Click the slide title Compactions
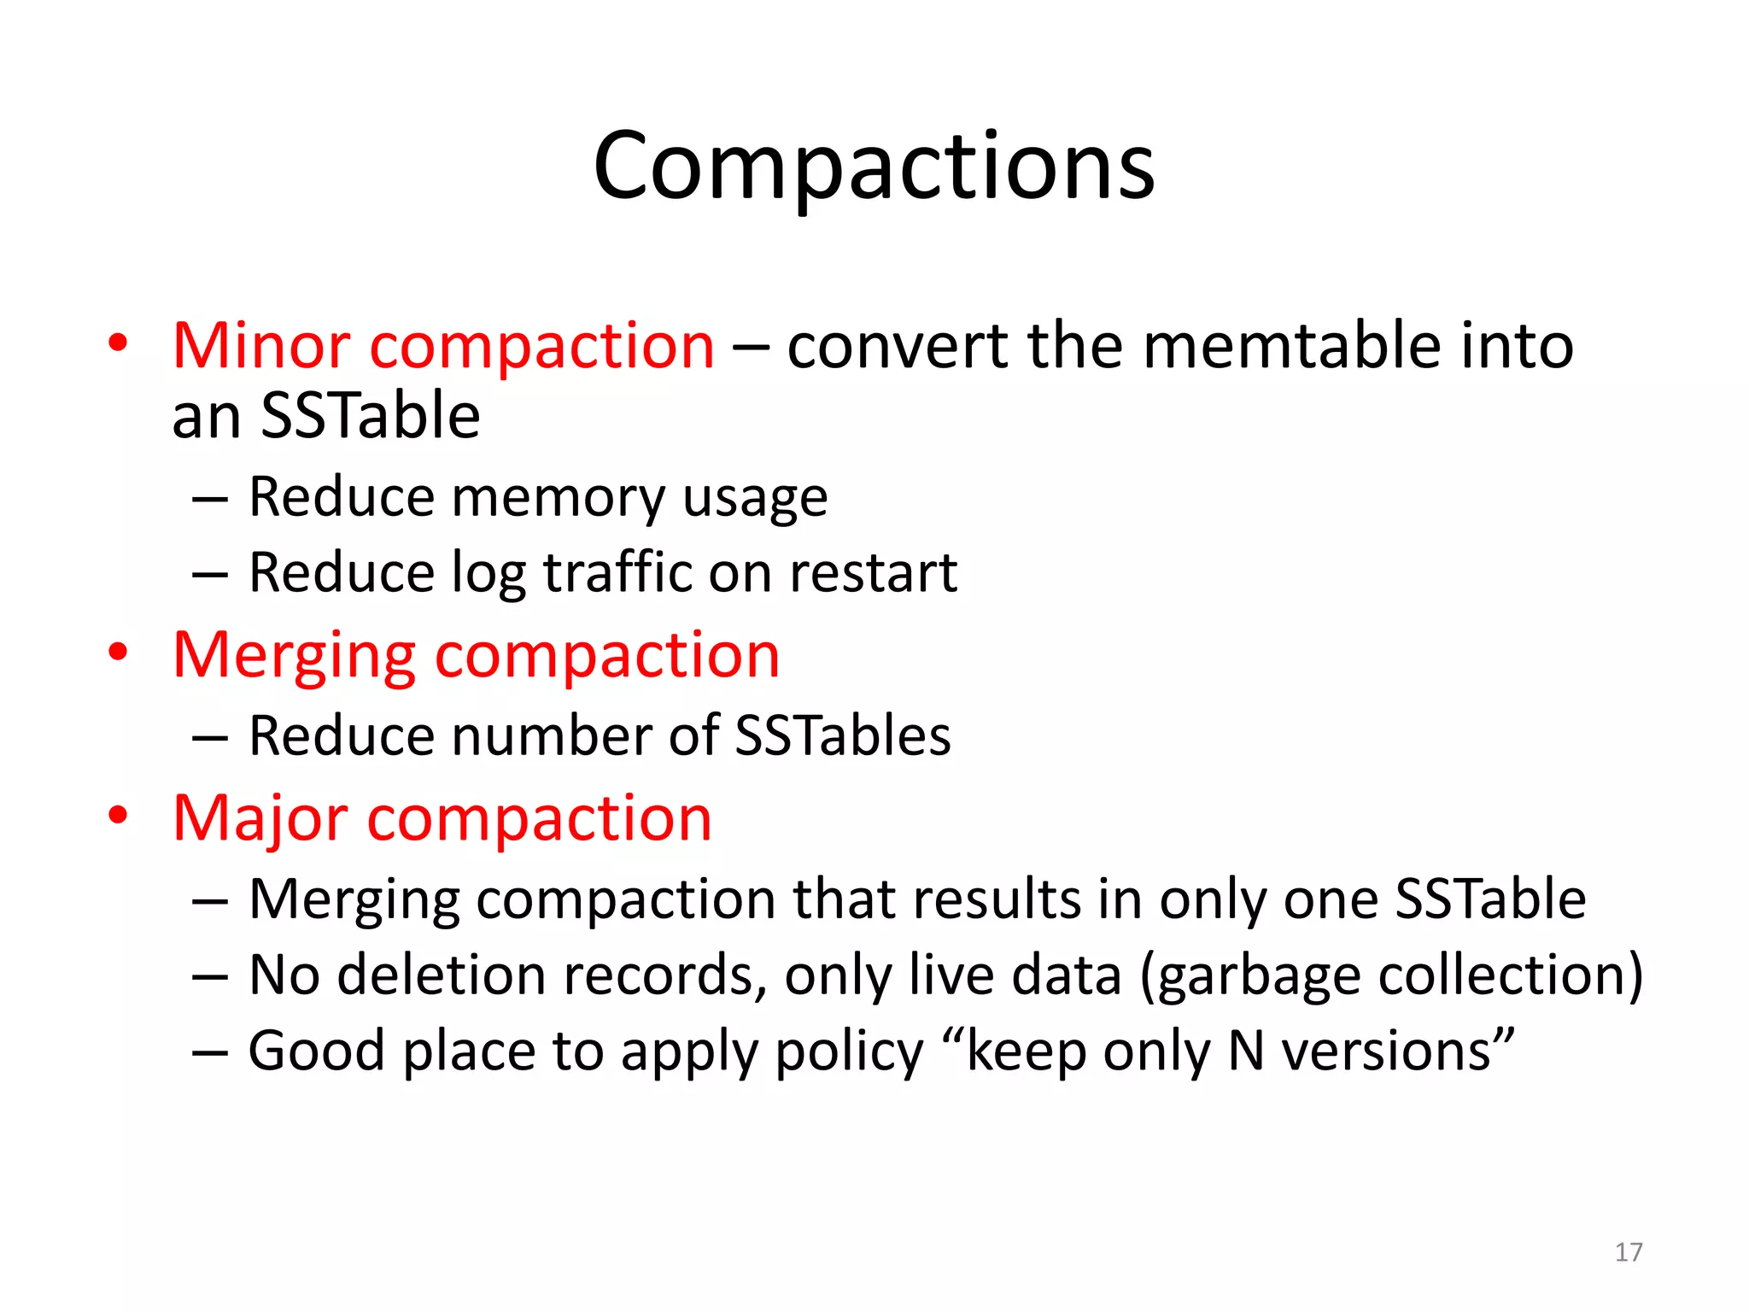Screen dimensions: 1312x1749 (874, 167)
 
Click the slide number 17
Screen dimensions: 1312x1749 (1629, 1252)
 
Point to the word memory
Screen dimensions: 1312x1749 (558, 498)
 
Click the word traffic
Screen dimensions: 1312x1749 (618, 572)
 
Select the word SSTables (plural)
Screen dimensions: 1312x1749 (842, 735)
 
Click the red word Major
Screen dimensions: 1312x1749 (260, 819)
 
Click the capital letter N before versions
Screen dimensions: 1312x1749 (1246, 1051)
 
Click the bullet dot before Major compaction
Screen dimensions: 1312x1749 (118, 815)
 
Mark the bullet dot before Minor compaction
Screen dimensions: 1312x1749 (118, 343)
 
